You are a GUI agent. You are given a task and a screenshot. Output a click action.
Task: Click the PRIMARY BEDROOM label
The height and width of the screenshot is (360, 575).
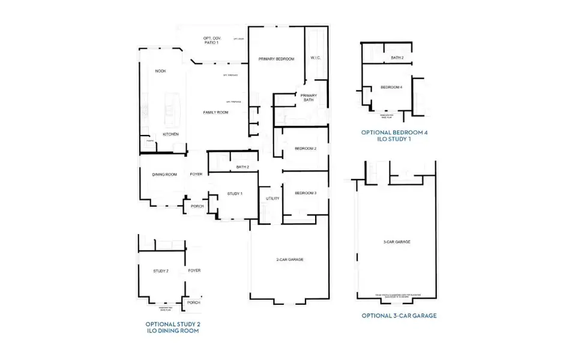[276, 59]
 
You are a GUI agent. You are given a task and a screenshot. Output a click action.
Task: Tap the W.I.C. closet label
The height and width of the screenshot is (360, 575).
[316, 58]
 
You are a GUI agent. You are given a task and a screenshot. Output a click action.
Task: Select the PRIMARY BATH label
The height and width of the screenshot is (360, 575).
[309, 98]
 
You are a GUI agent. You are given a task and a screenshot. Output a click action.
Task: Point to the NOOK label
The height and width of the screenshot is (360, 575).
[160, 71]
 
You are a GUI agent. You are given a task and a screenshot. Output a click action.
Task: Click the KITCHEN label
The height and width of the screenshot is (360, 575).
[170, 134]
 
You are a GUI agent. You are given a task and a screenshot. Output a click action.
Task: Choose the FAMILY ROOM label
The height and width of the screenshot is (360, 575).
[215, 112]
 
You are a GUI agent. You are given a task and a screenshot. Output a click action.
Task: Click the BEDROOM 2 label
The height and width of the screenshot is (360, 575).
[306, 148]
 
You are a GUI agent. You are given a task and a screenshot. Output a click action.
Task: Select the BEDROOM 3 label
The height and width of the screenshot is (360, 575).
[306, 193]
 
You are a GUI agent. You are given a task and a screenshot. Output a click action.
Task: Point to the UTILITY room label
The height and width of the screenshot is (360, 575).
[272, 198]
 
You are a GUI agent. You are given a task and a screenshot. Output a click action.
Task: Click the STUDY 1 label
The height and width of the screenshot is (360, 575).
[235, 193]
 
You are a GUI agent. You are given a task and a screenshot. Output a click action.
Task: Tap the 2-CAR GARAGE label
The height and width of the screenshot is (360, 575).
[289, 259]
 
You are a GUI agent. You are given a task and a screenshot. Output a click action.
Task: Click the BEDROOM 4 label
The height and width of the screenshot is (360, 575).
[391, 88]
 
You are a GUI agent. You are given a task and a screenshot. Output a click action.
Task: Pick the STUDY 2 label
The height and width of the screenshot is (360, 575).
[161, 271]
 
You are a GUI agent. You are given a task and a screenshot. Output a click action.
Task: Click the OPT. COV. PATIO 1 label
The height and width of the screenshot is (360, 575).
[211, 41]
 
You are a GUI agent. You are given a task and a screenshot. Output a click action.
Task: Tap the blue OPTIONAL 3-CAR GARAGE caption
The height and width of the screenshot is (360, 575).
[399, 316]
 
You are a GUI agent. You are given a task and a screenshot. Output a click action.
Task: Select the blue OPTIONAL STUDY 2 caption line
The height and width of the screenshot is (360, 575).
[173, 323]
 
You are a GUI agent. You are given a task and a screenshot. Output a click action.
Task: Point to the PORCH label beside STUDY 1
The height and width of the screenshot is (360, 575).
[197, 206]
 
